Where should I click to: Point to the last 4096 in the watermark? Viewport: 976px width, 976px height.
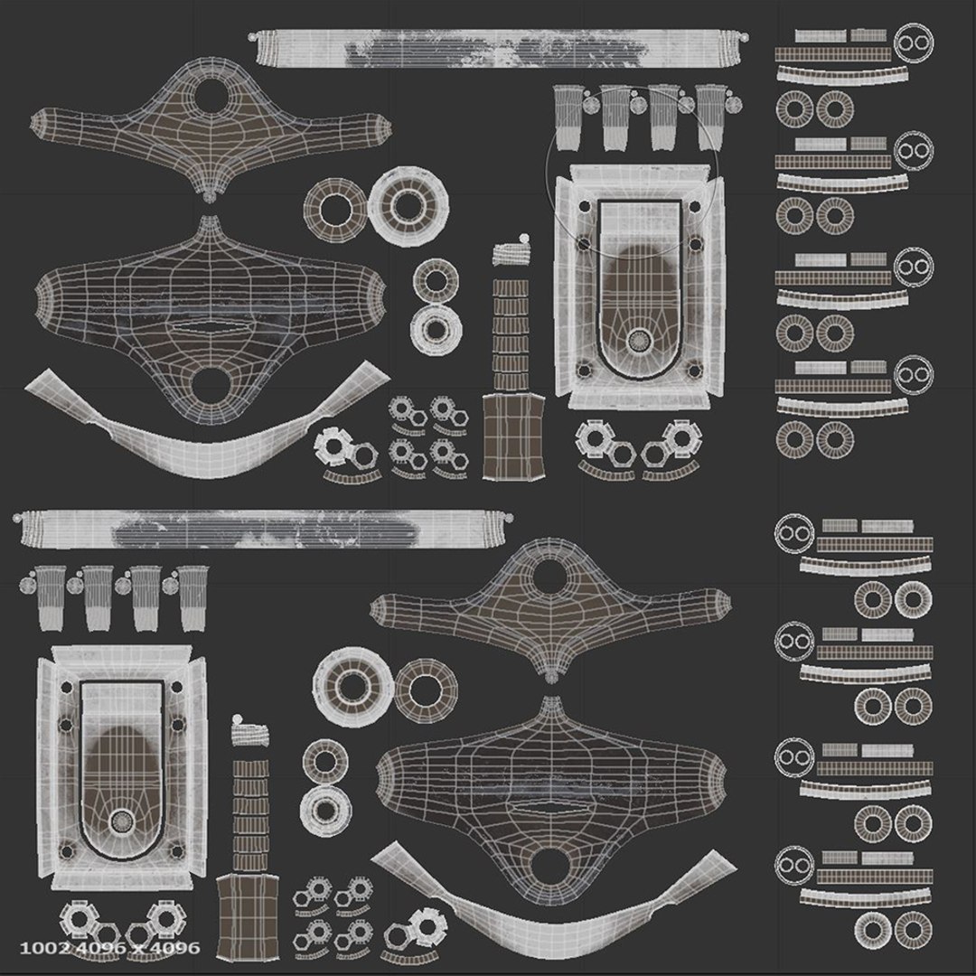click(x=179, y=948)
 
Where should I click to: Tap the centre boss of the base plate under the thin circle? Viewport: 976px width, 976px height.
click(x=639, y=341)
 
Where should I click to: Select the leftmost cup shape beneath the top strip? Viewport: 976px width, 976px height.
click(x=568, y=117)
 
